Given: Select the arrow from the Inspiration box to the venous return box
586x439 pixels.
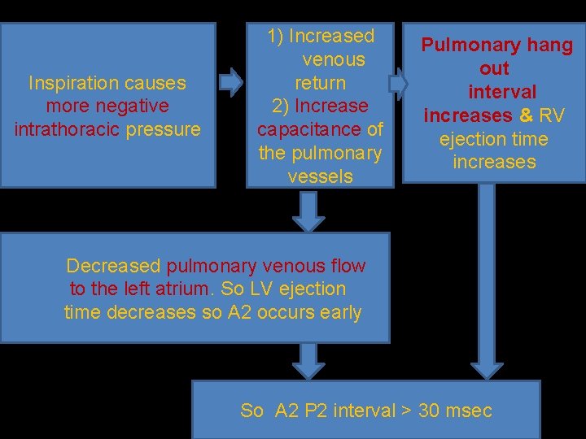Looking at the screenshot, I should pos(232,81).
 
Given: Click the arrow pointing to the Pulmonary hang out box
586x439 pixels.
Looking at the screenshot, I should pos(398,83).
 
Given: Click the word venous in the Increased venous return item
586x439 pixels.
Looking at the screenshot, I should pos(333,59).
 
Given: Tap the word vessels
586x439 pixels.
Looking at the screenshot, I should pos(320,176).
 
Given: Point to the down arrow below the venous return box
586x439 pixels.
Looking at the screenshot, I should pos(308,211).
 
